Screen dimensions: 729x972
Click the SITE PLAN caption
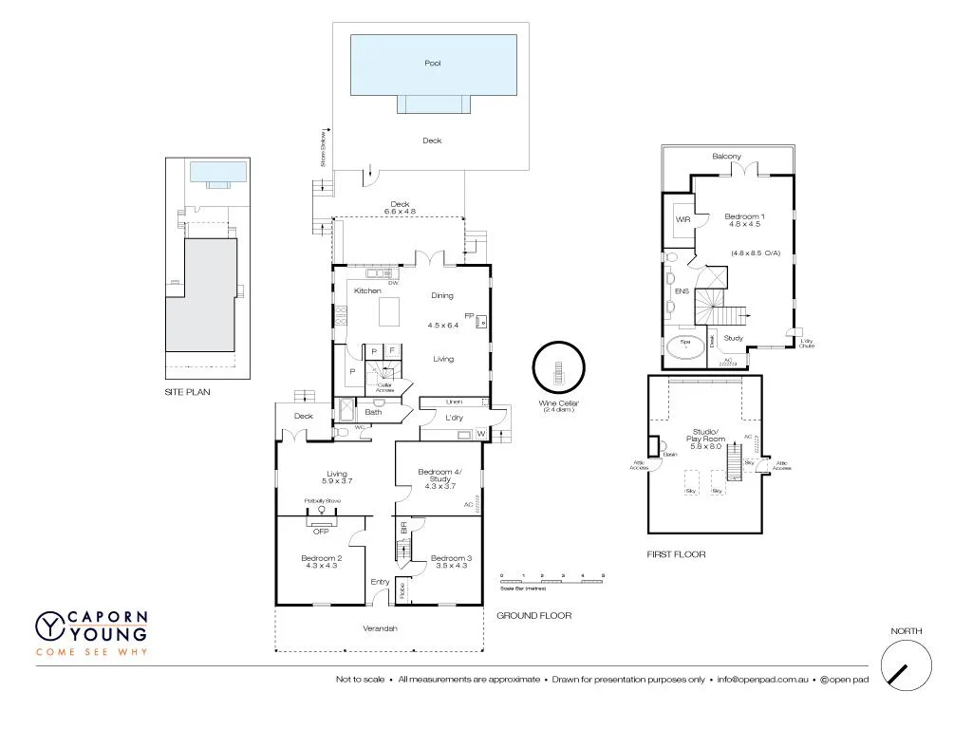(187, 391)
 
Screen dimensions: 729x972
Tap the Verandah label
(380, 628)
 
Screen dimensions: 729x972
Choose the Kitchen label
(367, 290)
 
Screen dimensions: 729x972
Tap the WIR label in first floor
(682, 219)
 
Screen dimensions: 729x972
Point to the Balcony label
(726, 157)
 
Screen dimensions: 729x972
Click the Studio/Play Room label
(705, 439)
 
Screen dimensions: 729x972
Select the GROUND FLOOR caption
(533, 616)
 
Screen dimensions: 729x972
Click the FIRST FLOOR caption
(676, 554)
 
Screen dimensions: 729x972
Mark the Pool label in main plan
(432, 64)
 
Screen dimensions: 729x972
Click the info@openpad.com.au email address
(762, 680)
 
